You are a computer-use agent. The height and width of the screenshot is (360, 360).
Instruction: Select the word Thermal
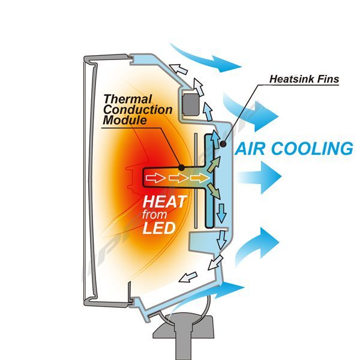(x=128, y=98)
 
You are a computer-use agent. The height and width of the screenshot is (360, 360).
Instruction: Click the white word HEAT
(x=164, y=201)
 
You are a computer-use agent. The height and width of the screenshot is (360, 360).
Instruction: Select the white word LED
(x=158, y=228)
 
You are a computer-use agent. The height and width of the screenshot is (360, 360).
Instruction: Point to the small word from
(x=157, y=215)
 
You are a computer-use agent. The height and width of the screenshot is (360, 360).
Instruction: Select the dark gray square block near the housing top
(x=191, y=104)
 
